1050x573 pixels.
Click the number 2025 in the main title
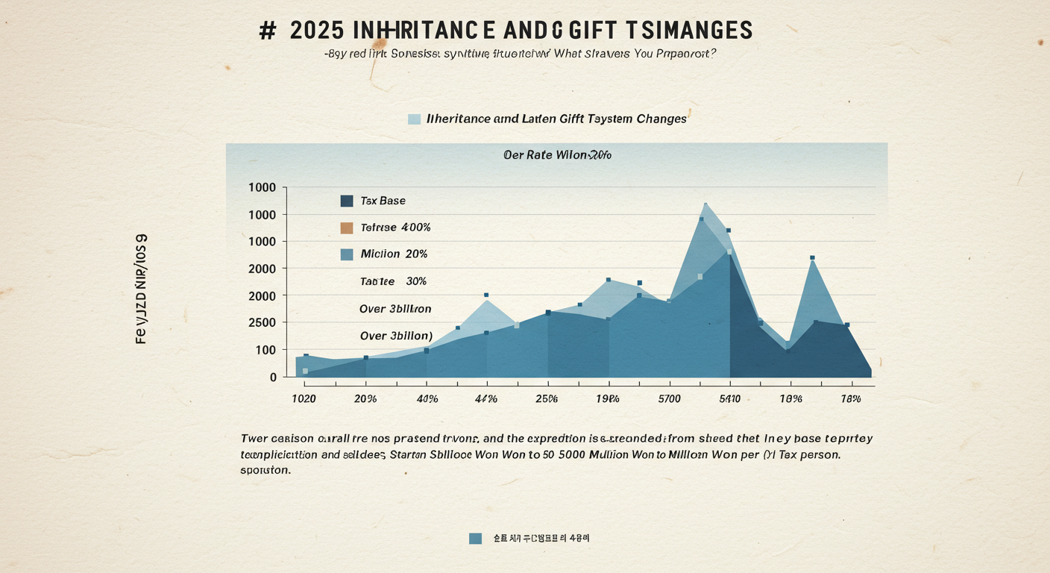(317, 31)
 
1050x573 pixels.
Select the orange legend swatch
(346, 228)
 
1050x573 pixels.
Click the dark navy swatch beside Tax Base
(346, 201)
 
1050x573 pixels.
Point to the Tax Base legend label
(383, 201)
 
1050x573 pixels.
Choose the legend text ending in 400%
(395, 228)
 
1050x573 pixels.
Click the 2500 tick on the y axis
(262, 322)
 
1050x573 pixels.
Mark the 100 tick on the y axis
(266, 350)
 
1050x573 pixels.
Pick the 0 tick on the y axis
(273, 378)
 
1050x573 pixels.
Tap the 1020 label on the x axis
(303, 399)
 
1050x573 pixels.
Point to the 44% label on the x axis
(485, 399)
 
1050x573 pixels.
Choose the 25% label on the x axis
(546, 399)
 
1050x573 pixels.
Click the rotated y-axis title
(141, 289)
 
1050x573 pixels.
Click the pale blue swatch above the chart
(415, 119)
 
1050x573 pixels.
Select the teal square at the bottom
(475, 538)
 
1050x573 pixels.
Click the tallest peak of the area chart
(705, 204)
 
